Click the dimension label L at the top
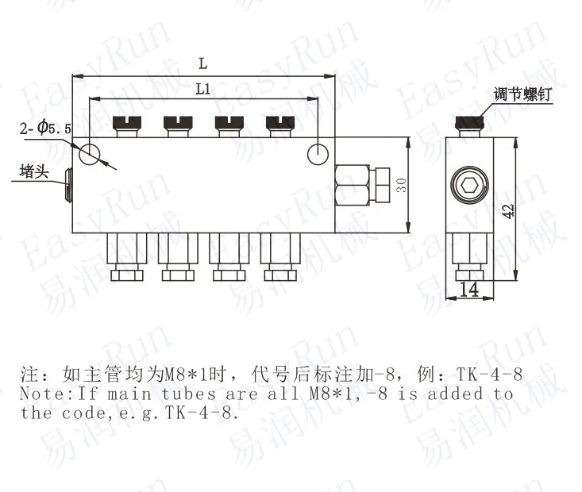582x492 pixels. (203, 63)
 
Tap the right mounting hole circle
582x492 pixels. (318, 152)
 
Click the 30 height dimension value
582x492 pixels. (402, 185)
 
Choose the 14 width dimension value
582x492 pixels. (468, 290)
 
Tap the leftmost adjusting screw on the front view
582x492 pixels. (127, 124)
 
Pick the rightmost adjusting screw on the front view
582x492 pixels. (278, 124)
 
